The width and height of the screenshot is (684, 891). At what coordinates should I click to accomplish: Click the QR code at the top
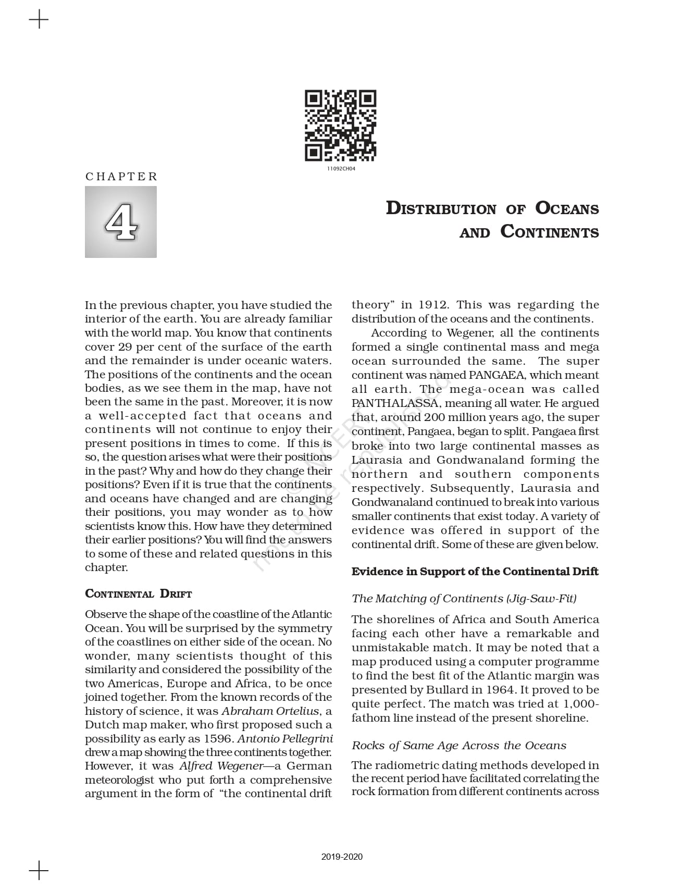pyautogui.click(x=340, y=126)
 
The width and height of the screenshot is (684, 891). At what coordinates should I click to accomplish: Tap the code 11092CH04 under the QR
pyautogui.click(x=341, y=169)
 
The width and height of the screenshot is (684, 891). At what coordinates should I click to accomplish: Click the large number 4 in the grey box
pyautogui.click(x=121, y=222)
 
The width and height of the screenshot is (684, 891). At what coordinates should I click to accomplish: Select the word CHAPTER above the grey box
pyautogui.click(x=121, y=177)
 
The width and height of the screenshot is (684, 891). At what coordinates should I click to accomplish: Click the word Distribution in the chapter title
pyautogui.click(x=441, y=208)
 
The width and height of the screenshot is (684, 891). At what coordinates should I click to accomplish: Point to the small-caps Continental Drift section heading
pyautogui.click(x=139, y=594)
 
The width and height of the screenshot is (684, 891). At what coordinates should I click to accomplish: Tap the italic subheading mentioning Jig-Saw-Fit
pyautogui.click(x=464, y=598)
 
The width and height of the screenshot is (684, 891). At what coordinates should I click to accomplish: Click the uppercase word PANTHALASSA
pyautogui.click(x=394, y=403)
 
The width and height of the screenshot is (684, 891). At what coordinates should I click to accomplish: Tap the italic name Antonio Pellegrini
pyautogui.click(x=285, y=739)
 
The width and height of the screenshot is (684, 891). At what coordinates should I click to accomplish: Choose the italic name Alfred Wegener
pyautogui.click(x=222, y=766)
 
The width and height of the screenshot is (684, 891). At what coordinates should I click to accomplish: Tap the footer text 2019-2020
pyautogui.click(x=342, y=857)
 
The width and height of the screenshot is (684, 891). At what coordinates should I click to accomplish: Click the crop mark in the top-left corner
pyautogui.click(x=39, y=20)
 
